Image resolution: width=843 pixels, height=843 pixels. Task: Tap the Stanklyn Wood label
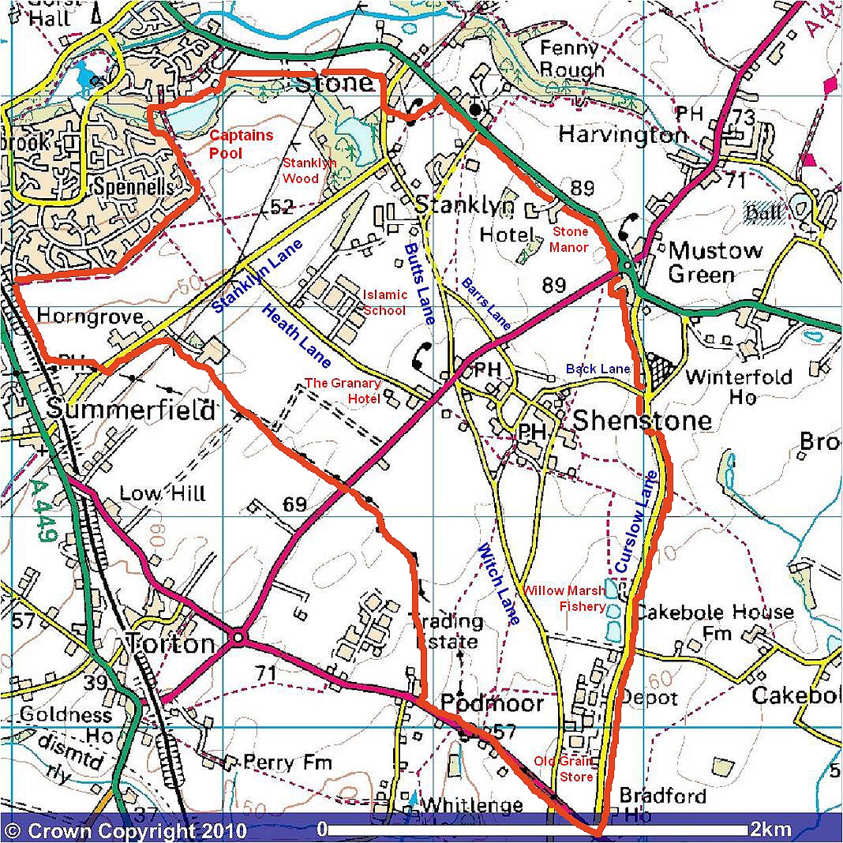[309, 170]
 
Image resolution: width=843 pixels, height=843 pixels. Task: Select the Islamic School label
[385, 302]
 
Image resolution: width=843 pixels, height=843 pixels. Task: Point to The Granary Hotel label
[343, 391]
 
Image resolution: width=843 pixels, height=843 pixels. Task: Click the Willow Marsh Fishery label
[564, 598]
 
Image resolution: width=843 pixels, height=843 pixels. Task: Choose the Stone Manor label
[570, 239]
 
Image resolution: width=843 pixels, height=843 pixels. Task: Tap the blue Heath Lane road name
[296, 335]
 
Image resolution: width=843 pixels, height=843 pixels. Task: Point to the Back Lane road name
[598, 369]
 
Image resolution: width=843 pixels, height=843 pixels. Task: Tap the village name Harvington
[622, 134]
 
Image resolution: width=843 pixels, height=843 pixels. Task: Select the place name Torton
[170, 644]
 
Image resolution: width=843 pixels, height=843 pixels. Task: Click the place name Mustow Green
[716, 263]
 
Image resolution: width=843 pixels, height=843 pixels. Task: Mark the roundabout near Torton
[238, 636]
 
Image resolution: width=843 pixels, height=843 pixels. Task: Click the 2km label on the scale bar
[770, 830]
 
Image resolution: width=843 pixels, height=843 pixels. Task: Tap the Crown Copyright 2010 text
[126, 830]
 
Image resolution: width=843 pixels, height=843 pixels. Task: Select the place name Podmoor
[492, 702]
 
